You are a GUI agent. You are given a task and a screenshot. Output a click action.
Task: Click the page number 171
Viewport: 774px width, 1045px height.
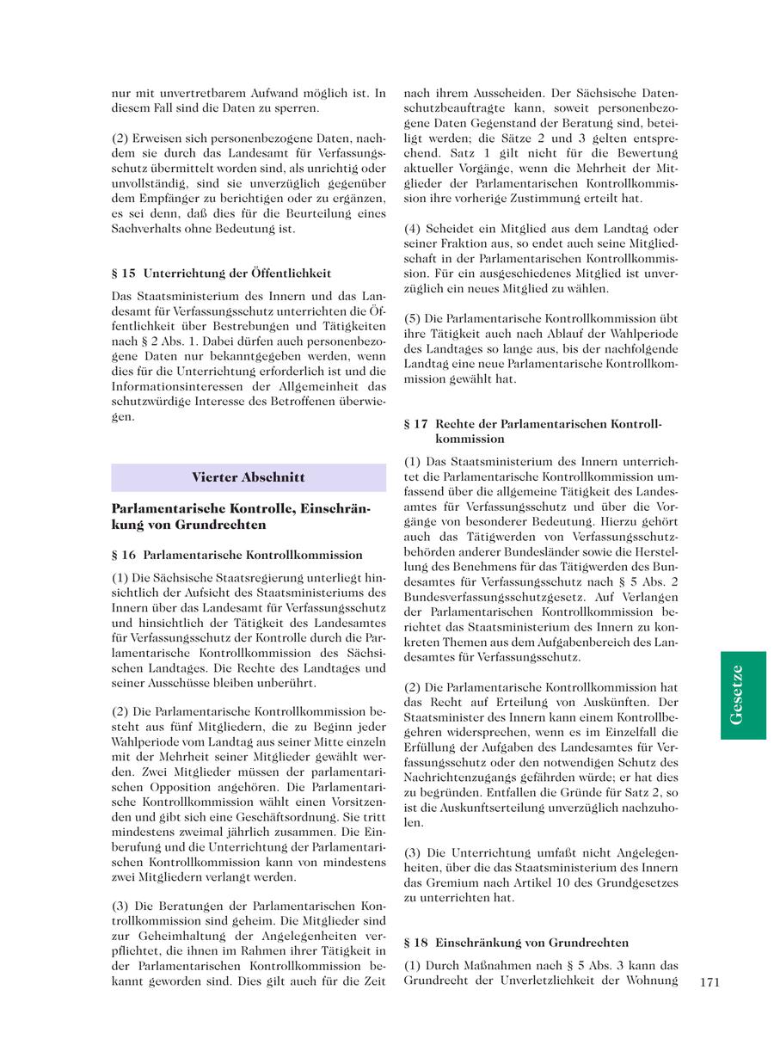(709, 981)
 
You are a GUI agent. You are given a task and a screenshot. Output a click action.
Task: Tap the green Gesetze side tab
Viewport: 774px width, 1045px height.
(743, 695)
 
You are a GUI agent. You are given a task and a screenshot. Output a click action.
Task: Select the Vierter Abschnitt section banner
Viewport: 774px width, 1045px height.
(249, 477)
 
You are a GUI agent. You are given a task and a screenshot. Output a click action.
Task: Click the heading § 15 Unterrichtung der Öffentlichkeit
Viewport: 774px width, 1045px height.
(222, 274)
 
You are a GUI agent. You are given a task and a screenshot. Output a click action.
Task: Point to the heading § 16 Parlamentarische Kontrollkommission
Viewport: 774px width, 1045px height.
(237, 555)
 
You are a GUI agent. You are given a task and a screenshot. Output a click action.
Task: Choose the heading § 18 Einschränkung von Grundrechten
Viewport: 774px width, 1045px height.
(516, 942)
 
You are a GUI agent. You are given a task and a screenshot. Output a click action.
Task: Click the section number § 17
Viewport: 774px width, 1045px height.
(416, 424)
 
